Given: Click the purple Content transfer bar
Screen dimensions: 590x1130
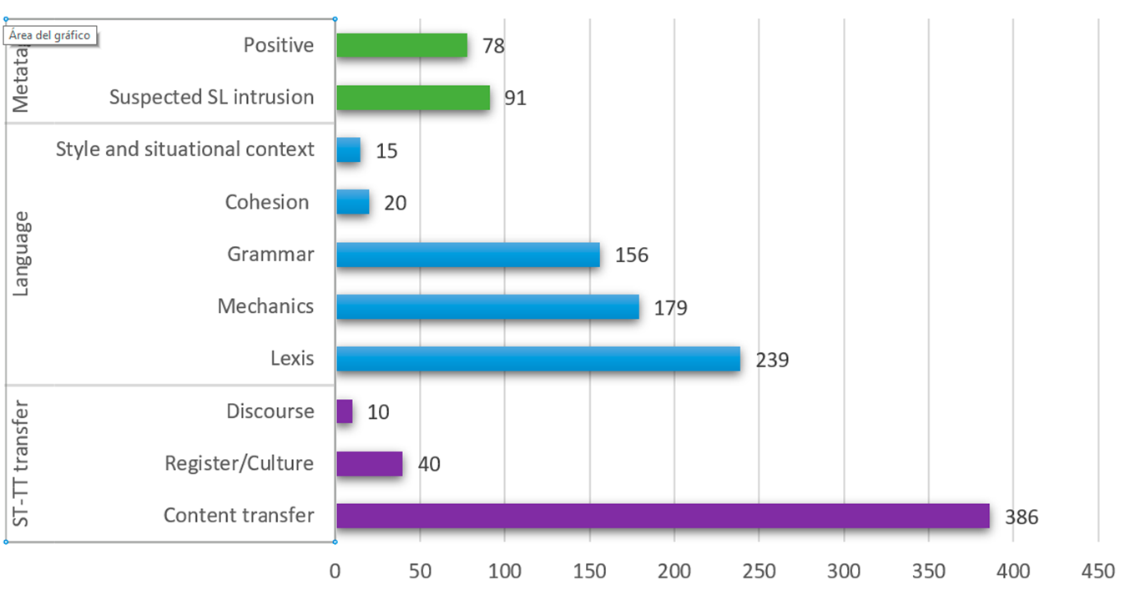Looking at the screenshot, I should click(x=663, y=516).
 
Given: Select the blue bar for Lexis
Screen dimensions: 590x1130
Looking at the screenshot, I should click(x=538, y=359).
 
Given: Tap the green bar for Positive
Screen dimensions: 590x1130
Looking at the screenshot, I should click(x=401, y=45).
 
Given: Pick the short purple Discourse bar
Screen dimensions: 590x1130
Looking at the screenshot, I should click(x=345, y=411).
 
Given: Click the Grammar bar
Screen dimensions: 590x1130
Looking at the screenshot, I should click(x=468, y=255).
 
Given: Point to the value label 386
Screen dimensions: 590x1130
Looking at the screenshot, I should click(x=1022, y=517).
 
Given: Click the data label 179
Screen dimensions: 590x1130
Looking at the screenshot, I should click(x=671, y=308).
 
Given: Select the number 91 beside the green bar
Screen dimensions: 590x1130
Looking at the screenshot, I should click(x=515, y=98).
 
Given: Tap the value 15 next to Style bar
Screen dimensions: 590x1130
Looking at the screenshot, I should click(x=386, y=151).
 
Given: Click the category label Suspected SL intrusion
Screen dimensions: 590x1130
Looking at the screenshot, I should click(x=212, y=98).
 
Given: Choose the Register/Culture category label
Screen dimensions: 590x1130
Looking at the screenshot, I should click(x=240, y=463).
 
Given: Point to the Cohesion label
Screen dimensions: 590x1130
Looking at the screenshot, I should click(x=267, y=202).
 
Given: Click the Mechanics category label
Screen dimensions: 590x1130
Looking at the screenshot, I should click(x=265, y=306).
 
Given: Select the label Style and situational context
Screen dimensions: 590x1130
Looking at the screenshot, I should click(x=185, y=149).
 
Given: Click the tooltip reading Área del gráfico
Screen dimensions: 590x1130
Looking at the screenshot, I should click(x=51, y=35).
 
